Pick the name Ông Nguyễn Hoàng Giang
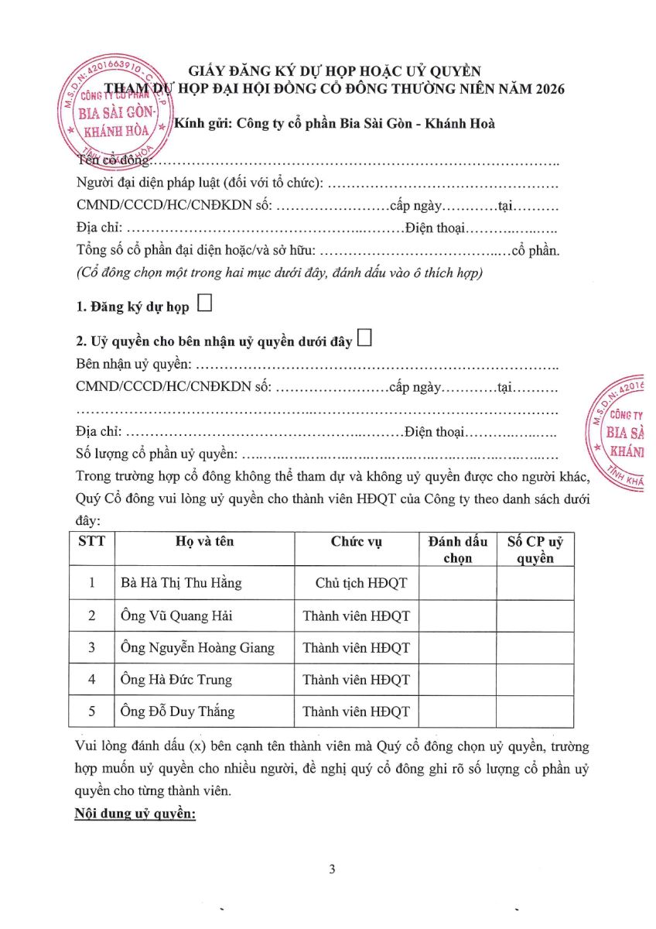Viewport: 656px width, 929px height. tap(198, 648)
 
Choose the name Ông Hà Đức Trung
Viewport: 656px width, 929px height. tap(177, 680)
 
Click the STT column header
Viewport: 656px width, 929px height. tap(91, 541)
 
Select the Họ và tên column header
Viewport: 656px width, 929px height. tap(204, 541)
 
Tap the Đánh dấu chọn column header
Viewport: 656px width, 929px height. tap(457, 549)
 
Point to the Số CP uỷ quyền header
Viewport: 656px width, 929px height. tap(535, 549)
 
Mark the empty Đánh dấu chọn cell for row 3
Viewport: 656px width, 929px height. tap(457, 648)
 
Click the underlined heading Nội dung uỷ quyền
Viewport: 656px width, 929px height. tap(135, 814)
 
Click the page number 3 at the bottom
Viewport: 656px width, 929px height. tap(332, 869)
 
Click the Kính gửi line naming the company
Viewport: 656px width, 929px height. tap(335, 124)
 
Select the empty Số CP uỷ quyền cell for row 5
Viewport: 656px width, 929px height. tap(535, 711)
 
